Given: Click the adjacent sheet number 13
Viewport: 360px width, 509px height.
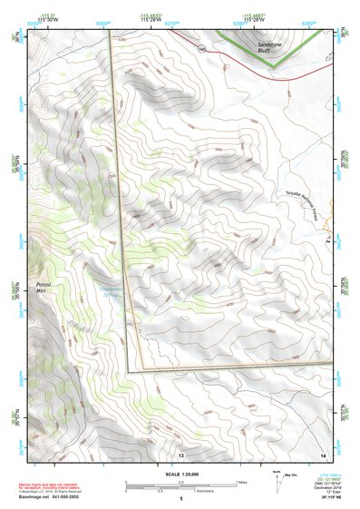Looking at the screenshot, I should pyautogui.click(x=180, y=454).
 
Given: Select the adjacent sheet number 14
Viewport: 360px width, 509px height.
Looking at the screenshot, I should pyautogui.click(x=322, y=454).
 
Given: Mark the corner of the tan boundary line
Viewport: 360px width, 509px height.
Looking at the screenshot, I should pyautogui.click(x=129, y=371).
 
